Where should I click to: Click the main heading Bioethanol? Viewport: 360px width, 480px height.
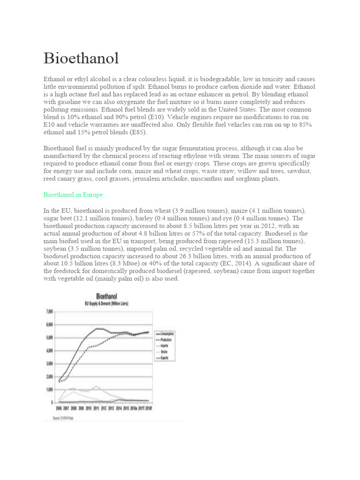81,59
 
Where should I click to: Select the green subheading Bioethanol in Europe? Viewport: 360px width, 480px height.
73,194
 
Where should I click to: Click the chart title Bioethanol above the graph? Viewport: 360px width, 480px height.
106,296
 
